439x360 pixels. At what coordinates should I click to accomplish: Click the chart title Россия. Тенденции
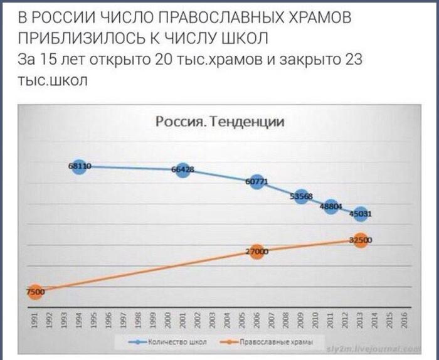pos(219,121)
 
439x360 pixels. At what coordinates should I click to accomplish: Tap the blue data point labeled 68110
pos(79,166)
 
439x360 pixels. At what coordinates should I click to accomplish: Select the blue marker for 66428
pos(182,170)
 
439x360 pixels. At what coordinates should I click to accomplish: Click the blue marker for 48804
pos(331,206)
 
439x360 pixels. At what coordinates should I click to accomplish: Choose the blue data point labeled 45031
pos(360,213)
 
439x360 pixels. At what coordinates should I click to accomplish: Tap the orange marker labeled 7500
pos(35,291)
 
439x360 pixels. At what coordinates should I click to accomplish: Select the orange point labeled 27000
pos(256,251)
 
